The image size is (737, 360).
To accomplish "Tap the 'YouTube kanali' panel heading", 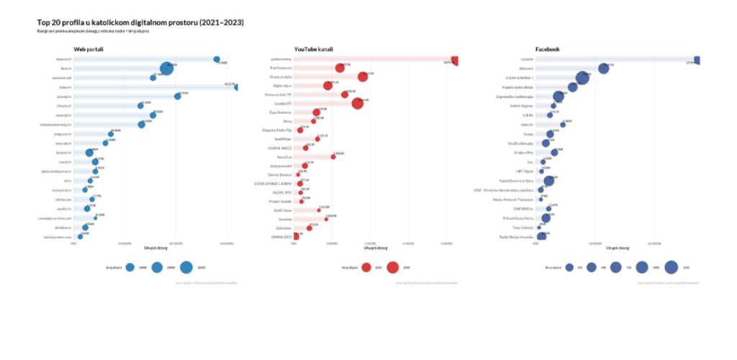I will pyautogui.click(x=313, y=49).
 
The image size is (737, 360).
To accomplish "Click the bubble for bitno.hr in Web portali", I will pyautogui.click(x=166, y=68).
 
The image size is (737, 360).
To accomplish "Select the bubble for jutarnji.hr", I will pyautogui.click(x=178, y=96).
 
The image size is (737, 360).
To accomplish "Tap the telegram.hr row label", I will pyautogui.click(x=63, y=134).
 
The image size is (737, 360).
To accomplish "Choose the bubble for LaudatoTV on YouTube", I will pyautogui.click(x=358, y=104).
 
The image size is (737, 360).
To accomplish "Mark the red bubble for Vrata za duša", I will pyautogui.click(x=363, y=77).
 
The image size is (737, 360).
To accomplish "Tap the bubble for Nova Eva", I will pyautogui.click(x=333, y=156).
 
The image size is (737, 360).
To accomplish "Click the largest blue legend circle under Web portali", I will pyautogui.click(x=186, y=267).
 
